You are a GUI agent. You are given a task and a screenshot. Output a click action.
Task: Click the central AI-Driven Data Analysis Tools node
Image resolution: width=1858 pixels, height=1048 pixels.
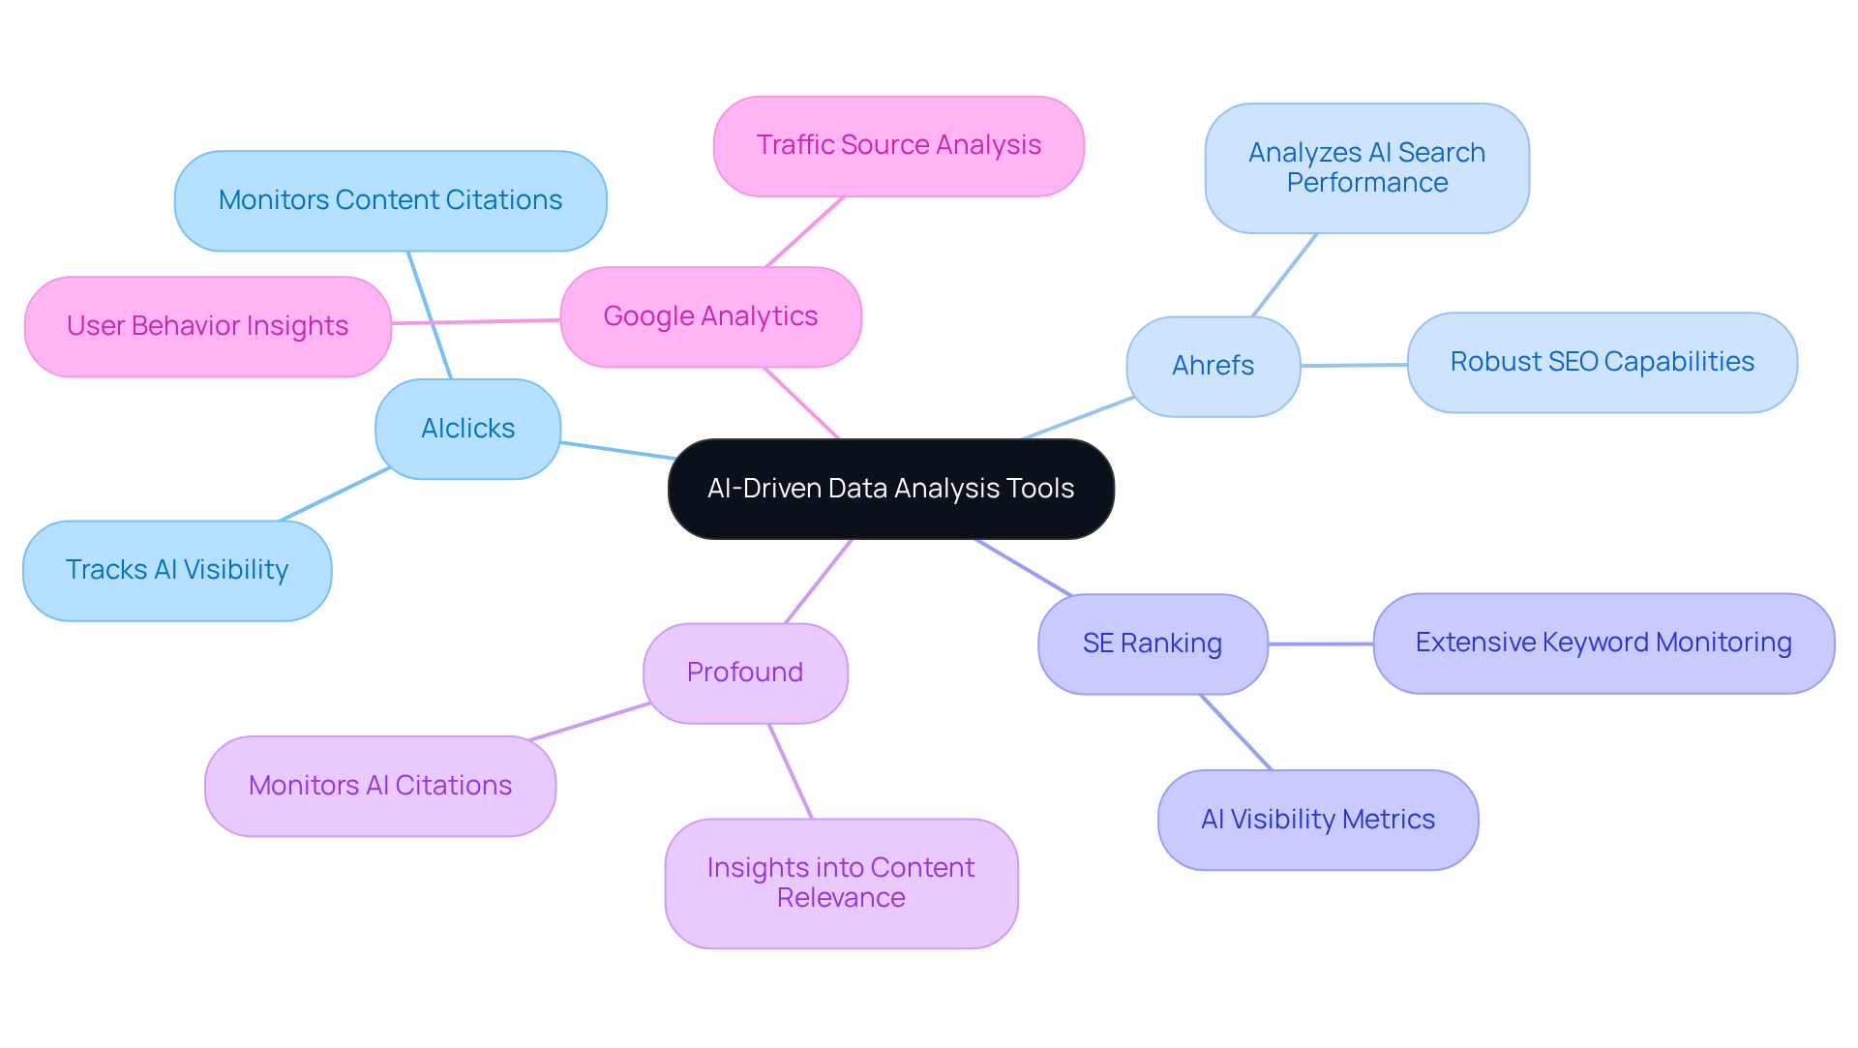tap(890, 489)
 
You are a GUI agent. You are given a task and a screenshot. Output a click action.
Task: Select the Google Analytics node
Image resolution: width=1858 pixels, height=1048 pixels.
tap(710, 316)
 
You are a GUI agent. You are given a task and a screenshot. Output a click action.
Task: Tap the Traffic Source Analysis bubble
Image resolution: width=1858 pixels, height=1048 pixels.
tap(898, 145)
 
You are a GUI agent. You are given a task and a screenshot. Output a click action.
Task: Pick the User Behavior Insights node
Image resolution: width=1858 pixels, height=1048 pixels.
tap(207, 326)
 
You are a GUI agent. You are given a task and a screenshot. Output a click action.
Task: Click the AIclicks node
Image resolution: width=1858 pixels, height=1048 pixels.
tap(467, 429)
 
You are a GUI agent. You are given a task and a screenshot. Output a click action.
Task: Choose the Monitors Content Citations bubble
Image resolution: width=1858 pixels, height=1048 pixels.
tap(390, 200)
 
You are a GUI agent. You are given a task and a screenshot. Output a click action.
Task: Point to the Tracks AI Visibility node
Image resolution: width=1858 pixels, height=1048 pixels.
tap(177, 570)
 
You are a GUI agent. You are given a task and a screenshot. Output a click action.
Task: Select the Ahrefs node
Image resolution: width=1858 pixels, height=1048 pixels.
tap(1213, 366)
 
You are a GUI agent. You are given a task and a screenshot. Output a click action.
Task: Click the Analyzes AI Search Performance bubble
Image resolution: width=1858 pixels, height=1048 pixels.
tap(1366, 167)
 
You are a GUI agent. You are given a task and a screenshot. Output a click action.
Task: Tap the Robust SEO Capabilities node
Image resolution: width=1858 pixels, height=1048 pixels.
tap(1602, 362)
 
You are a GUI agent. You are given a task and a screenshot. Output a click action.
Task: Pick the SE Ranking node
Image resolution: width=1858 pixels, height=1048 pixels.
tap(1152, 644)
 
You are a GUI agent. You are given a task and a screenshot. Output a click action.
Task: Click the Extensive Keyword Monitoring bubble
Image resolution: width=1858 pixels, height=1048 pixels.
tap(1603, 643)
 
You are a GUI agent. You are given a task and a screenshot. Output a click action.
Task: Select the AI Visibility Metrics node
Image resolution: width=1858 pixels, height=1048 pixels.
tap(1317, 820)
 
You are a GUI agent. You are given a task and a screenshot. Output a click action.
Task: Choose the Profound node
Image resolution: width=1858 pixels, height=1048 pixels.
tap(745, 673)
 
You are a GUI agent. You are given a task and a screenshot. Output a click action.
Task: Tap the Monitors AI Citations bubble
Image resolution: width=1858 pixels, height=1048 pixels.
tap(379, 786)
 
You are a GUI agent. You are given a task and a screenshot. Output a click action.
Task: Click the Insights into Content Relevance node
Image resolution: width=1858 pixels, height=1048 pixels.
tap(840, 883)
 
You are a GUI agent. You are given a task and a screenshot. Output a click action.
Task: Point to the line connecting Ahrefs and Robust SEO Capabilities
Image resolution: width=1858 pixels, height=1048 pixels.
tap(1353, 365)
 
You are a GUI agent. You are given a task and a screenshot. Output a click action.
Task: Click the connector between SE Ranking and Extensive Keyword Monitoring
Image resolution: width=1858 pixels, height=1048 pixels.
tap(1320, 644)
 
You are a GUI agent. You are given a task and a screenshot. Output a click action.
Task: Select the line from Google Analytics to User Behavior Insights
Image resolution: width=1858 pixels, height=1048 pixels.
tap(476, 321)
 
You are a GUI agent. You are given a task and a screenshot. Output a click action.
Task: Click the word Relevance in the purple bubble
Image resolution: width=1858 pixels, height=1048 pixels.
tap(840, 898)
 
